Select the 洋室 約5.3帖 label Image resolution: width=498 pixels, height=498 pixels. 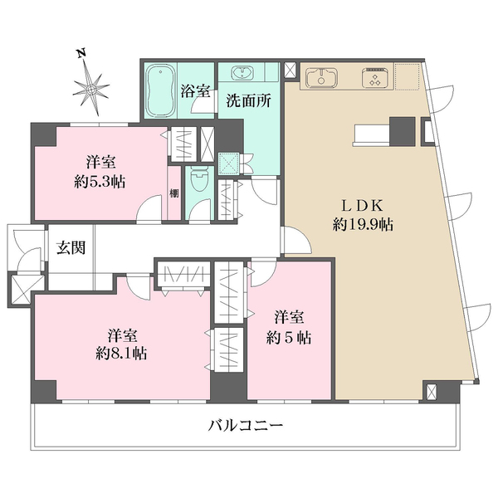[x=97, y=172]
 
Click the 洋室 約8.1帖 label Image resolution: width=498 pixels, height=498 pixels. [x=121, y=344]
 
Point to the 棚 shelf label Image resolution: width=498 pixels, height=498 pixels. [x=174, y=193]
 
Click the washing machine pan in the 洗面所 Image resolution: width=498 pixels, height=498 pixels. [x=228, y=161]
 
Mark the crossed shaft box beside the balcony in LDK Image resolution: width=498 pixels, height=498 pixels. [x=432, y=391]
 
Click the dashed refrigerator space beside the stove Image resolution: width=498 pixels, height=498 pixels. [x=407, y=77]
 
